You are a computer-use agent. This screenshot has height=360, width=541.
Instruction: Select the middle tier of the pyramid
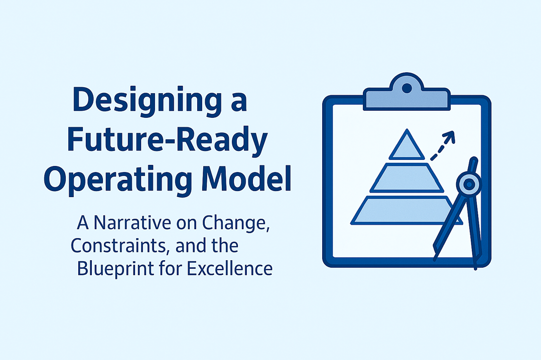point(407,178)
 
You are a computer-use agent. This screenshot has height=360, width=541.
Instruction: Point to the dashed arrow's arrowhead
point(449,135)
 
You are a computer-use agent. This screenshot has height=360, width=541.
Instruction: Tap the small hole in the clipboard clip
point(407,88)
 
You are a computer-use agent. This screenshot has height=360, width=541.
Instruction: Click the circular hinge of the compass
point(468,185)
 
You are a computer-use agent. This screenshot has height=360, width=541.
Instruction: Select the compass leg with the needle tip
point(474,231)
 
